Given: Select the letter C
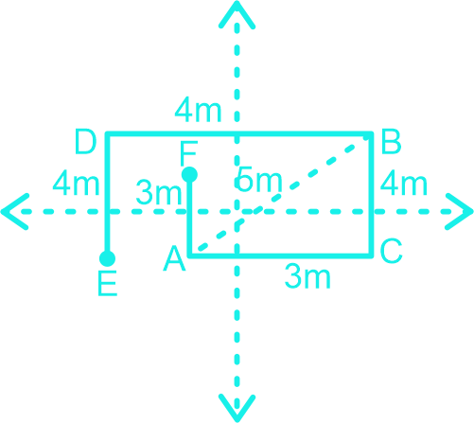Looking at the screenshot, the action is [x=391, y=251].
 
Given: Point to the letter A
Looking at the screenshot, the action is [x=174, y=259].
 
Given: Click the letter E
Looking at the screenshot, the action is [x=108, y=284].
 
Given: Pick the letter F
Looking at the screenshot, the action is [x=188, y=153].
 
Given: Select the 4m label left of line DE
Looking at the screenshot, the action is [x=76, y=184].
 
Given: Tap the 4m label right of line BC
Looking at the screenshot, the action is [x=404, y=184].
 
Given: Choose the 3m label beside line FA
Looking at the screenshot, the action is [x=159, y=193].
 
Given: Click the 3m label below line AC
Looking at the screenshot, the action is [x=307, y=277].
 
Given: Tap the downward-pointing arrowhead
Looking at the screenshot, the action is [x=237, y=408].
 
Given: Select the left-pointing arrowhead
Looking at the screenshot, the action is [x=15, y=211].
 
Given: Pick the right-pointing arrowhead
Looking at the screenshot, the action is [x=459, y=211].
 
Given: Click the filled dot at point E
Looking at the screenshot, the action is [x=107, y=258].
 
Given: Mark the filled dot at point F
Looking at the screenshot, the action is [x=189, y=174].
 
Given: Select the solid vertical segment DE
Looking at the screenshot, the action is [x=108, y=196].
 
